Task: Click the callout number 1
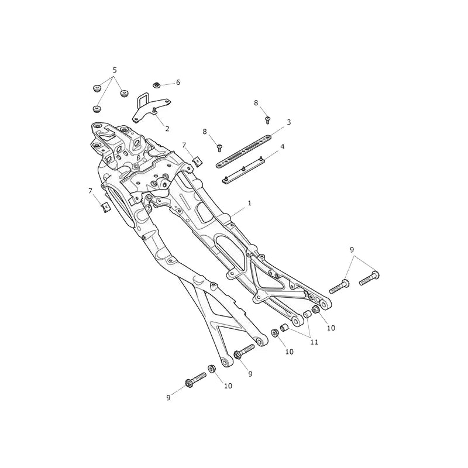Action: [x=250, y=203]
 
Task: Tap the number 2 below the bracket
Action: [x=167, y=129]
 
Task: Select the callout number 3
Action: [x=288, y=122]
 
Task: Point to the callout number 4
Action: [x=282, y=147]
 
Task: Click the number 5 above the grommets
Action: [x=115, y=70]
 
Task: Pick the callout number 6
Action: [x=178, y=82]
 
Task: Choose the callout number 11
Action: [x=314, y=342]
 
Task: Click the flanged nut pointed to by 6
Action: [x=156, y=85]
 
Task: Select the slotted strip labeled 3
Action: [x=244, y=152]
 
